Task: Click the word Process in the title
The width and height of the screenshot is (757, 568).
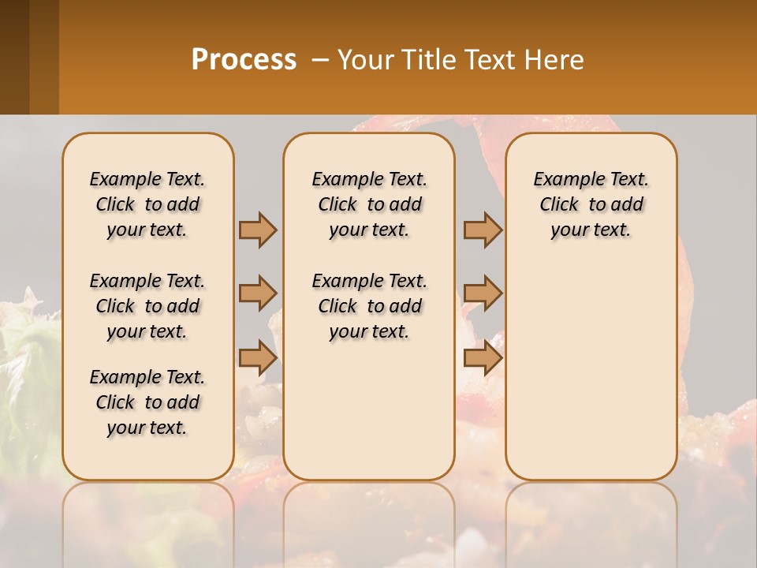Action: click(244, 60)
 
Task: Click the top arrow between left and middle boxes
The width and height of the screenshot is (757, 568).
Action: click(258, 230)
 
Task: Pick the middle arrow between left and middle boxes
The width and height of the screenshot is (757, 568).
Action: click(258, 293)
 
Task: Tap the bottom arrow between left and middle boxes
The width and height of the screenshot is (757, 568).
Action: click(258, 358)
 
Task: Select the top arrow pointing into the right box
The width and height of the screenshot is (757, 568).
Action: click(483, 230)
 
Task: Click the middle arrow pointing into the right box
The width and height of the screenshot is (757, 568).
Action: click(483, 293)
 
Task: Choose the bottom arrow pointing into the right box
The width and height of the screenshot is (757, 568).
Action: click(483, 358)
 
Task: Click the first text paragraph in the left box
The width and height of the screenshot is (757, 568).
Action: click(147, 204)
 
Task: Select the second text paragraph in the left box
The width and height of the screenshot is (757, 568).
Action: click(147, 306)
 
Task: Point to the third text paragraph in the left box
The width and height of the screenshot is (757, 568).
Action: click(147, 402)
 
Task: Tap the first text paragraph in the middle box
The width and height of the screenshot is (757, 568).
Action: click(369, 204)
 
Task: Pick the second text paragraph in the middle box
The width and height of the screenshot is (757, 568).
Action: click(369, 306)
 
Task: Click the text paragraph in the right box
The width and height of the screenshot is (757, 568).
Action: click(591, 204)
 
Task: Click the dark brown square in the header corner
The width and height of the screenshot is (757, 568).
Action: click(14, 57)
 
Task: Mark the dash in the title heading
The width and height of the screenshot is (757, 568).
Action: click(321, 60)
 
